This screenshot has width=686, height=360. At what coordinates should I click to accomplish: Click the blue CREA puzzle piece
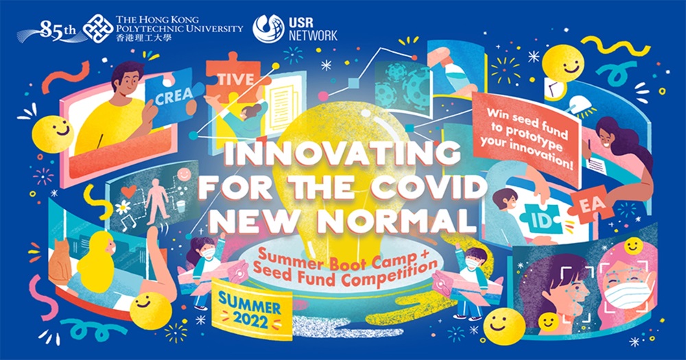pos(172,96)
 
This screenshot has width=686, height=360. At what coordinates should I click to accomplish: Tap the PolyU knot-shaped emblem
pos(98,29)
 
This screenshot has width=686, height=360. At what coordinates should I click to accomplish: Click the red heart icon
pos(129,191)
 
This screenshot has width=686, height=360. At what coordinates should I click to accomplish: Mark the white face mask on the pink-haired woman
pos(626,291)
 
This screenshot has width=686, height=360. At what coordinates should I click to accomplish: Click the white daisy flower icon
pos(123,207)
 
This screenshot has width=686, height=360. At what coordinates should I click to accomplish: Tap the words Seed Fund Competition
pos(345,274)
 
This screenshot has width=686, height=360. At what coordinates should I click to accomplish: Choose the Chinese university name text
pos(144,38)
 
